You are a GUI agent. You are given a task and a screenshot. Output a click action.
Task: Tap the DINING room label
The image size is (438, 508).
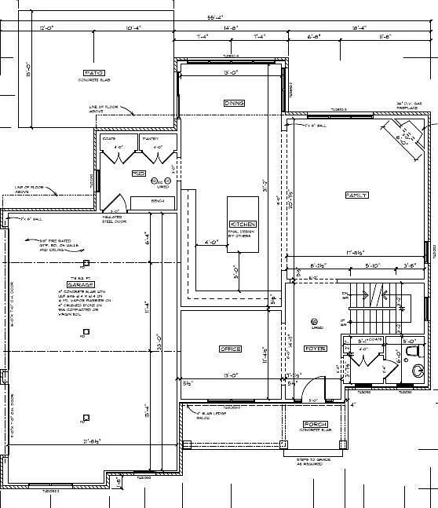(234, 103)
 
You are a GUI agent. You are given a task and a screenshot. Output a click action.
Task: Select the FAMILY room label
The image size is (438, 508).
(357, 194)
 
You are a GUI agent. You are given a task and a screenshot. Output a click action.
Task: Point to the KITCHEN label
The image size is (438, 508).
(242, 224)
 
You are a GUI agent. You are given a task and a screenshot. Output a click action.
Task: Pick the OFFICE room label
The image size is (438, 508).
(229, 348)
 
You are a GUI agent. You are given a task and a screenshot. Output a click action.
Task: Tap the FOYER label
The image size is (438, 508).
(316, 347)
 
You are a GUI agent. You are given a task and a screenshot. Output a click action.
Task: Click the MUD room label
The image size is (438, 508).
(137, 174)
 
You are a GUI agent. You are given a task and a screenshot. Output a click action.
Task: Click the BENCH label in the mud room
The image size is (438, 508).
(157, 201)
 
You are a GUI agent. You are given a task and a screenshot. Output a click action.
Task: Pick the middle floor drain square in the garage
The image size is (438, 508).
(82, 337)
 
